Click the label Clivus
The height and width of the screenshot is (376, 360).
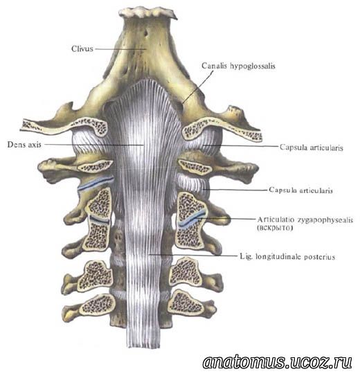(x=82, y=48)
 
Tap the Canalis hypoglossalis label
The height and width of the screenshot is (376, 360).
(x=238, y=66)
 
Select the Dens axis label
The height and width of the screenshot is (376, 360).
(x=24, y=145)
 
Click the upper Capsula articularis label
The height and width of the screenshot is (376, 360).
(x=311, y=147)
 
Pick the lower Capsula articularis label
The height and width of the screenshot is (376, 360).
(x=300, y=190)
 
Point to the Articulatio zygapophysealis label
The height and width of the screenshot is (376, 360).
(x=305, y=220)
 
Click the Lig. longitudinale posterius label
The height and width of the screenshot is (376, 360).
(x=287, y=257)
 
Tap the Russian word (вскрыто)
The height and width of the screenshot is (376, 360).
(x=275, y=228)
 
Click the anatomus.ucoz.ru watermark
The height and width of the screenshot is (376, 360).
(x=278, y=362)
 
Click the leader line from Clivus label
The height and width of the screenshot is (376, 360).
(x=120, y=48)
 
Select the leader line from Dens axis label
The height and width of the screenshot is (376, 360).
(x=94, y=145)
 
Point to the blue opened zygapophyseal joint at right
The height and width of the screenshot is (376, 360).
(x=191, y=220)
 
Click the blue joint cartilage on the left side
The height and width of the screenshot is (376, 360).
(x=96, y=184)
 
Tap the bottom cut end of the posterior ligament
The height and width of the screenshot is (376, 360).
(x=143, y=346)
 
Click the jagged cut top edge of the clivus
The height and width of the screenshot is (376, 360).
(x=148, y=12)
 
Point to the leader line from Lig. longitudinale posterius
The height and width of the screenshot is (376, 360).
(x=192, y=255)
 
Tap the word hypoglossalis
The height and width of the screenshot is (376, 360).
(x=253, y=66)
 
